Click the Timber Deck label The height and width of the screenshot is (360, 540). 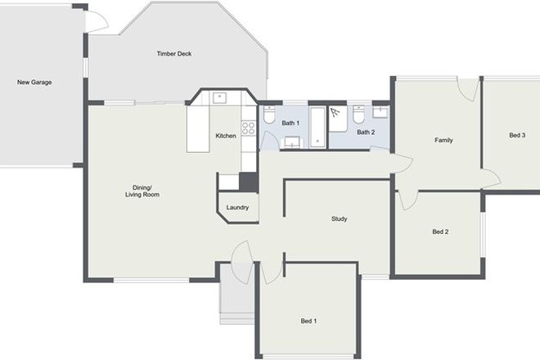[173, 54]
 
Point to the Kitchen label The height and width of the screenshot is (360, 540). [226, 135]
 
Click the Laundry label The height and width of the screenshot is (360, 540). [237, 208]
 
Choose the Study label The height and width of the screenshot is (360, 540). [340, 218]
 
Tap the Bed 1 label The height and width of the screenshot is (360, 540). [308, 321]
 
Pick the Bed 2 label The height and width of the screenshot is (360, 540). [440, 232]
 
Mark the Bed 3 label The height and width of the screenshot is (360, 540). [517, 135]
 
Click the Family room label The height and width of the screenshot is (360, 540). [443, 140]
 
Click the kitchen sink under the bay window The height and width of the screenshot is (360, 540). [219, 97]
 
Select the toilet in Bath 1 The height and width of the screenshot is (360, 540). [268, 118]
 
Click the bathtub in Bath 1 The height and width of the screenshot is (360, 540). [317, 127]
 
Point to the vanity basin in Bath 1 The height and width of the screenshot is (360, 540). [291, 143]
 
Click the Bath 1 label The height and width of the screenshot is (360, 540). [290, 123]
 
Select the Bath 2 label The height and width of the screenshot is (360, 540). [366, 132]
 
